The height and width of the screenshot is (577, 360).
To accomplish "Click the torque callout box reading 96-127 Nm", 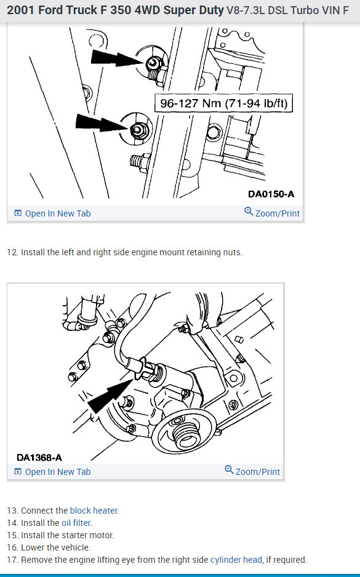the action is pyautogui.click(x=223, y=103).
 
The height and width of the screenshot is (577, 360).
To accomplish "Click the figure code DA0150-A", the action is pyautogui.click(x=271, y=194).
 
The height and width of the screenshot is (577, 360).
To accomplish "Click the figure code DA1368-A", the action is pyautogui.click(x=39, y=458).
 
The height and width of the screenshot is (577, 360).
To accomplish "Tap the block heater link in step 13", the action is pyautogui.click(x=94, y=511).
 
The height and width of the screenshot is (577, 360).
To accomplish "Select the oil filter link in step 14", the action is pyautogui.click(x=76, y=522).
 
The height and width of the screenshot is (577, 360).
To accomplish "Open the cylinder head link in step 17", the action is pyautogui.click(x=236, y=560).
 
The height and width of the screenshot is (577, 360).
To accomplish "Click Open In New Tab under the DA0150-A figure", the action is pyautogui.click(x=52, y=213).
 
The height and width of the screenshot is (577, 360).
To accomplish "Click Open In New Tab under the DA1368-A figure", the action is pyautogui.click(x=52, y=472).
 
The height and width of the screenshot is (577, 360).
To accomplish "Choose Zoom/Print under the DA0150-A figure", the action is pyautogui.click(x=272, y=213).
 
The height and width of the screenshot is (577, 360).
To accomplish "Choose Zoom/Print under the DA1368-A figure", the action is pyautogui.click(x=252, y=471).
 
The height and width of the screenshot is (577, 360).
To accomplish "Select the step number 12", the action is pyautogui.click(x=12, y=252).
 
